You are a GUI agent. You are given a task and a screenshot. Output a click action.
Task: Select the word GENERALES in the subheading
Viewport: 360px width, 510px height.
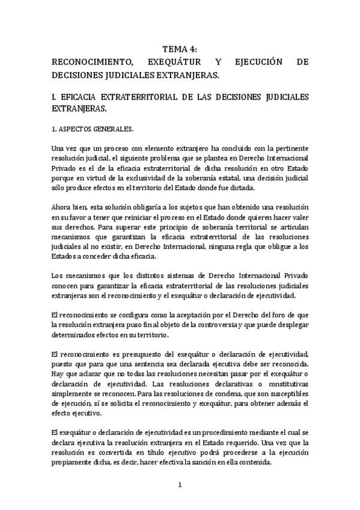[114, 129]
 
